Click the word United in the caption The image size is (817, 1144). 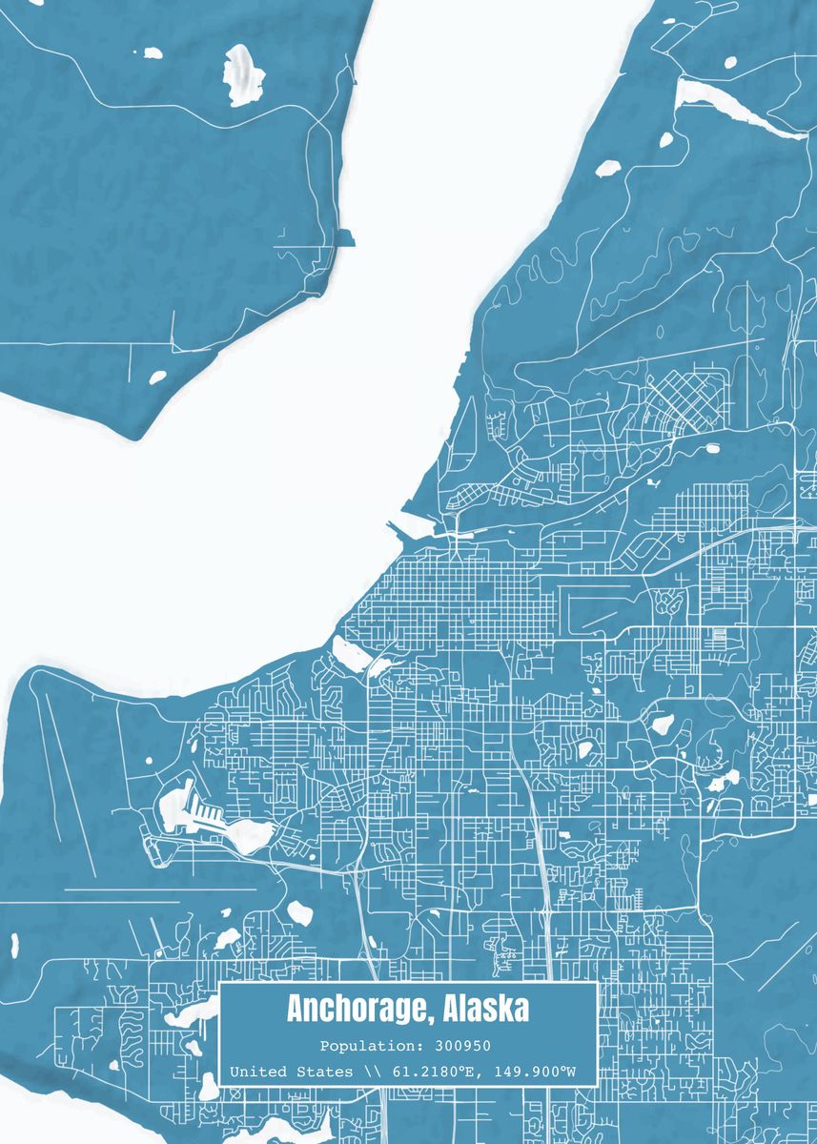tap(256, 1072)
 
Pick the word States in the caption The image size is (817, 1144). tap(324, 1072)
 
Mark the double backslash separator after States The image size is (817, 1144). tap(371, 1072)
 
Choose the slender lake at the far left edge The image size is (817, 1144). tap(14, 945)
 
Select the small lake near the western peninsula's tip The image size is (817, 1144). tap(157, 378)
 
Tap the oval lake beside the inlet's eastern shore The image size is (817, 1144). tap(607, 169)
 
